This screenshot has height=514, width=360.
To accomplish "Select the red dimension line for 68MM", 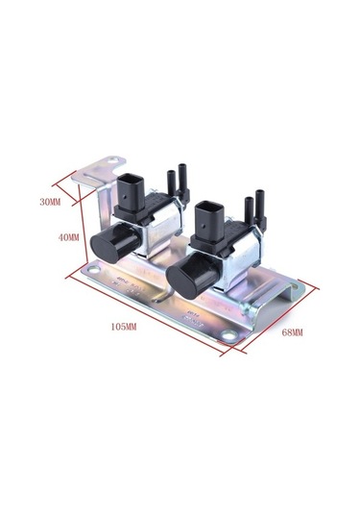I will pyautogui.click(x=270, y=318).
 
